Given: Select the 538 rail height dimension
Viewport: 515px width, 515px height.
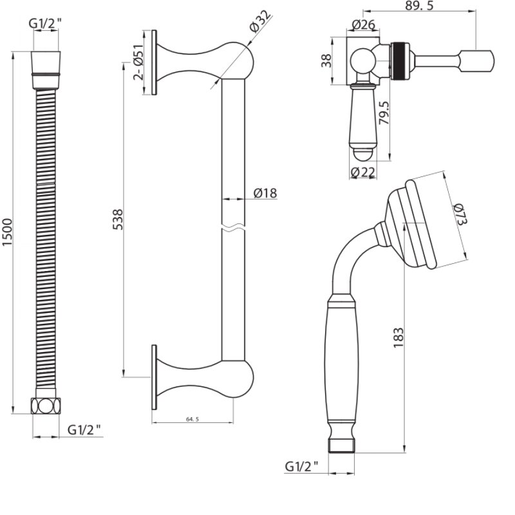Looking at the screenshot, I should click(118, 220).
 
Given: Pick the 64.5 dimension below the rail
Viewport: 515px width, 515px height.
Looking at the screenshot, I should click(192, 418).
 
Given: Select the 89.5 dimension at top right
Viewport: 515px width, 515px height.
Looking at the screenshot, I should click(420, 6).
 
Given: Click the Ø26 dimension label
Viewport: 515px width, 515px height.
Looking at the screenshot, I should click(364, 26).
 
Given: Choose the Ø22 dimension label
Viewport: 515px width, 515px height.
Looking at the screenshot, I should click(364, 172).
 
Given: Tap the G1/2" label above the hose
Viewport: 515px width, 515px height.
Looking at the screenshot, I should click(44, 24).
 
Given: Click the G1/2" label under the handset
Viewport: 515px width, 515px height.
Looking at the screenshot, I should click(303, 466).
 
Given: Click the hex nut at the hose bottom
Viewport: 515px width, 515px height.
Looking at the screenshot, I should click(44, 406).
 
